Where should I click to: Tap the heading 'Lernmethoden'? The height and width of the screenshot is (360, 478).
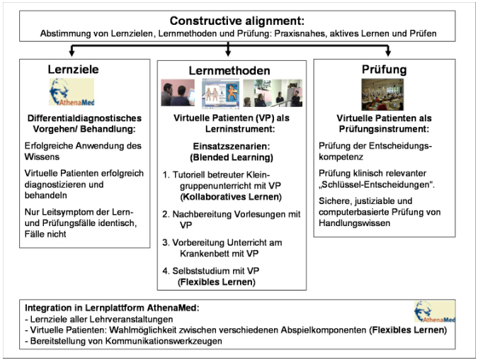tap(229, 71)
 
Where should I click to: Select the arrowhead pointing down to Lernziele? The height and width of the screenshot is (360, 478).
tap(71, 51)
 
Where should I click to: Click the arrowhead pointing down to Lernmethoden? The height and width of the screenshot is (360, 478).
tap(229, 51)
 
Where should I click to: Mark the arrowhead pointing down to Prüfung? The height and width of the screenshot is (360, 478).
tap(388, 51)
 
